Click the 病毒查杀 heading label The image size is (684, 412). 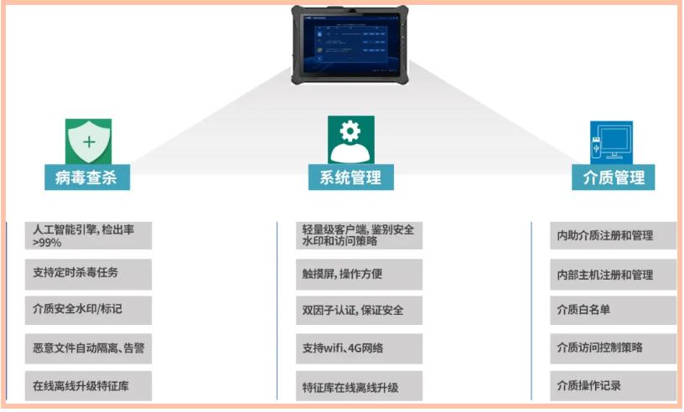pos(87,178)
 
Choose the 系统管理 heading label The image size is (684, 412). pos(350,178)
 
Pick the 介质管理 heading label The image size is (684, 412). pos(614,178)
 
